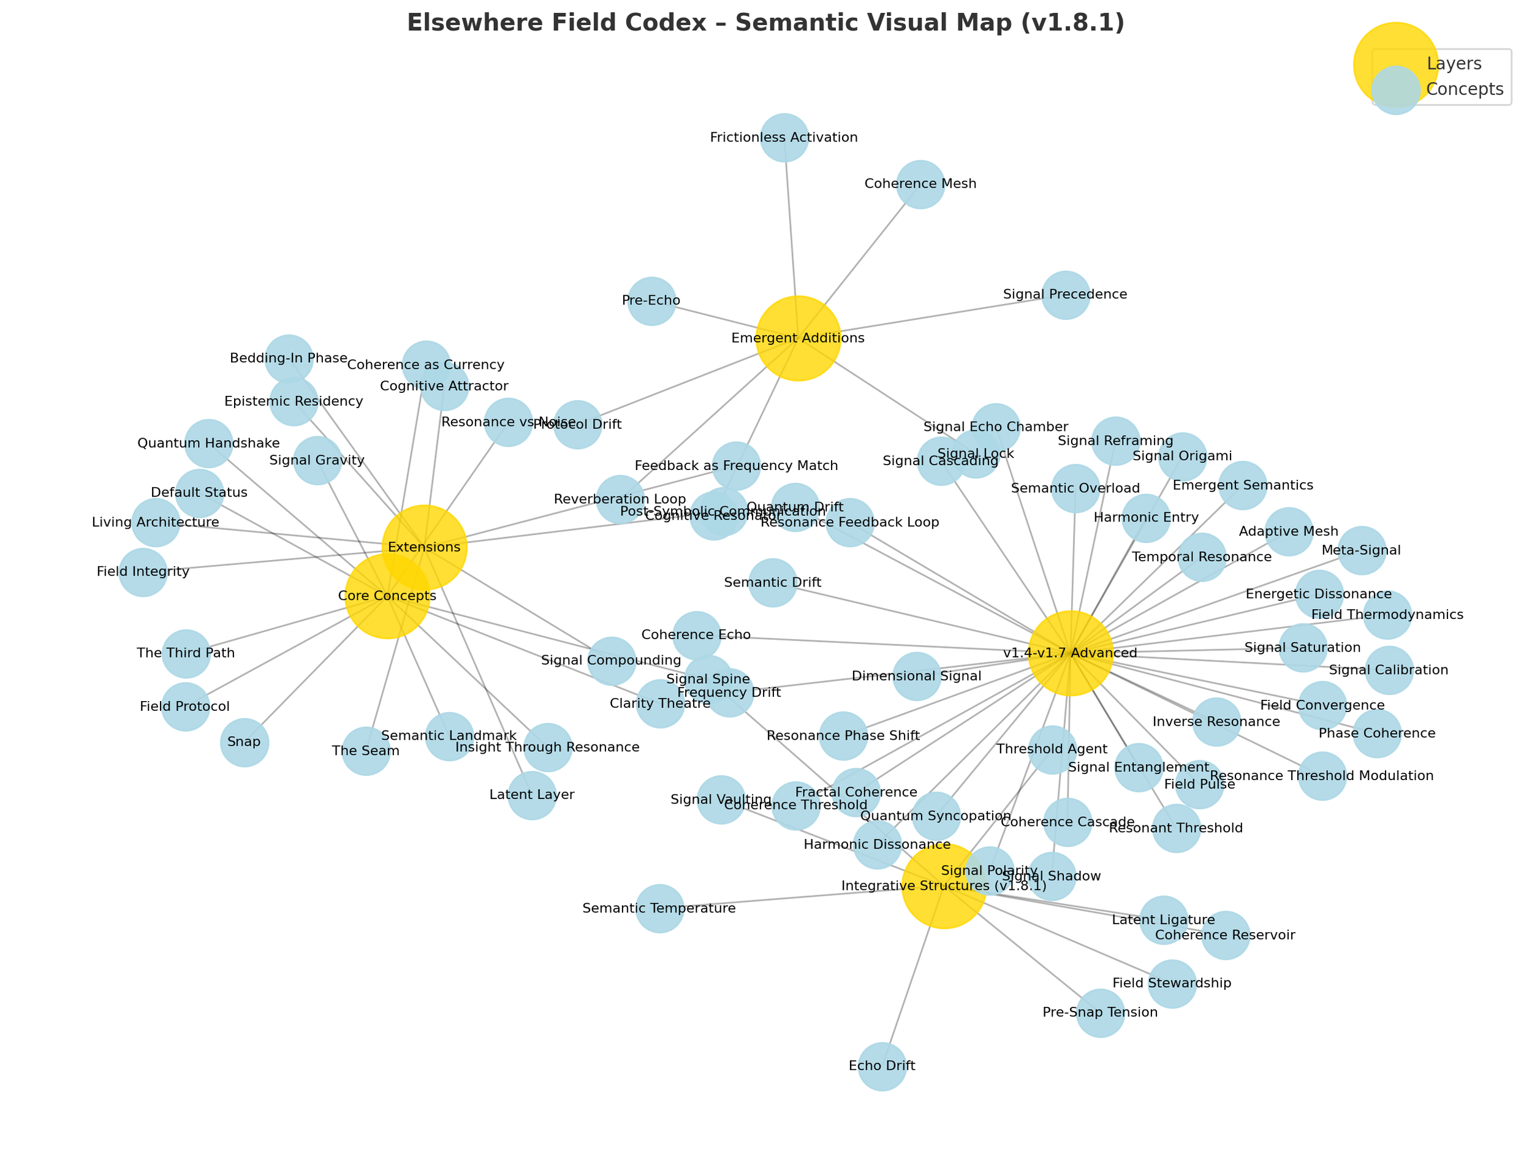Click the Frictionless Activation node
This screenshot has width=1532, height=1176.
point(784,137)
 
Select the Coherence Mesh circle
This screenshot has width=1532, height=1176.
point(920,184)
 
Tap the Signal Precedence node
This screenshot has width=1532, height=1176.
point(1065,295)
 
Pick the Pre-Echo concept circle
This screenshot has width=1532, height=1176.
point(651,301)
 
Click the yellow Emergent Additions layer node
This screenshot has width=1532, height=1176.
point(798,338)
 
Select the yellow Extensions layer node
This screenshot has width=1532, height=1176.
point(424,547)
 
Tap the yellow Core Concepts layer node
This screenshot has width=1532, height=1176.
point(387,596)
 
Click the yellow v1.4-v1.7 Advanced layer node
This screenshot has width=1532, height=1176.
point(1070,653)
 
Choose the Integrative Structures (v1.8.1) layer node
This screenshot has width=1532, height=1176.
point(944,886)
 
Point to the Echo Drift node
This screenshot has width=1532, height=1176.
point(882,1066)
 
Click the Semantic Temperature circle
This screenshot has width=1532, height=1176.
point(659,909)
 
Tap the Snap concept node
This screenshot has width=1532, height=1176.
point(245,742)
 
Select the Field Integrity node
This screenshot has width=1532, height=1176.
point(143,572)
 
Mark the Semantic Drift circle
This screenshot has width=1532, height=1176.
point(773,582)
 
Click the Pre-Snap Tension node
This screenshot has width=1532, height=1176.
point(1100,1013)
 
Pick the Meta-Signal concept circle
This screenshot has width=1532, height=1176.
point(1361,550)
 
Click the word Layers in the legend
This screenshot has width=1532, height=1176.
point(1454,64)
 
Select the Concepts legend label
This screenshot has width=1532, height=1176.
point(1464,89)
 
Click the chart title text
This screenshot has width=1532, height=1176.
point(765,23)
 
